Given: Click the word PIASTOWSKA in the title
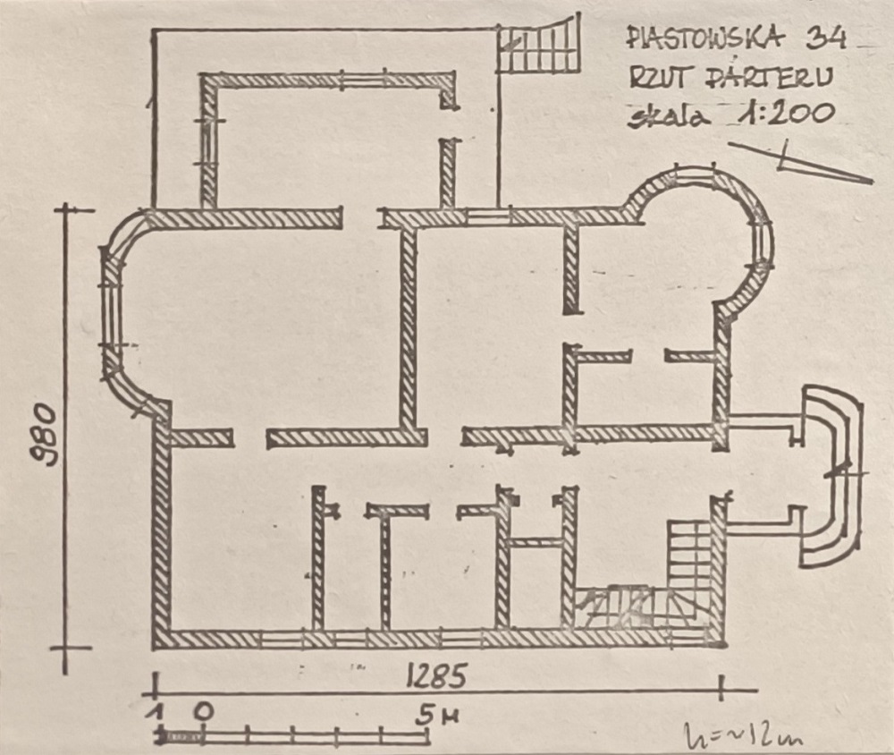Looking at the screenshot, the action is tap(705, 38).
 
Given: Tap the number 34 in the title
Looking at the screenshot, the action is tap(825, 38).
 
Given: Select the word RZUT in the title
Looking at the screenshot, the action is tap(659, 78).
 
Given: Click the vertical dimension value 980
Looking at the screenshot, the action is tap(45, 435).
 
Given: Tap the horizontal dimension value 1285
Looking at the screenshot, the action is tap(437, 675).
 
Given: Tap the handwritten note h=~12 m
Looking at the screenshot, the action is tap(744, 735).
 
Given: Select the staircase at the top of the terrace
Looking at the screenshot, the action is tap(539, 46).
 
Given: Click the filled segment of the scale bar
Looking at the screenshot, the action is tap(181, 737).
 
